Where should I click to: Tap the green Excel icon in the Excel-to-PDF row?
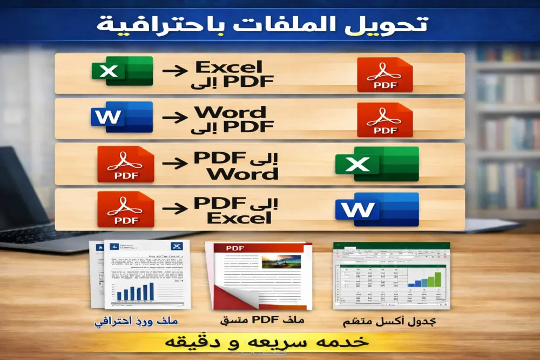pyautogui.click(x=122, y=71)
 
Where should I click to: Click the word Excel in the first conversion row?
pyautogui.click(x=229, y=67)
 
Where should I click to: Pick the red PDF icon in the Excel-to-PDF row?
pyautogui.click(x=384, y=74)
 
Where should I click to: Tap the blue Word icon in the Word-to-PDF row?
pyautogui.click(x=122, y=117)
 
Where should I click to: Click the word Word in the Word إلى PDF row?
pyautogui.click(x=231, y=112)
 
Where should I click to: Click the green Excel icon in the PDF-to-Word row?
pyautogui.click(x=376, y=164)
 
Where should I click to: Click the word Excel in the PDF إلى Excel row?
pyautogui.click(x=239, y=218)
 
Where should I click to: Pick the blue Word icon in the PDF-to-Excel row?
pyautogui.click(x=376, y=209)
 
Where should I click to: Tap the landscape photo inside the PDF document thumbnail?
pyautogui.click(x=280, y=261)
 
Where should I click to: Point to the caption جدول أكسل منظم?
pyautogui.click(x=389, y=322)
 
